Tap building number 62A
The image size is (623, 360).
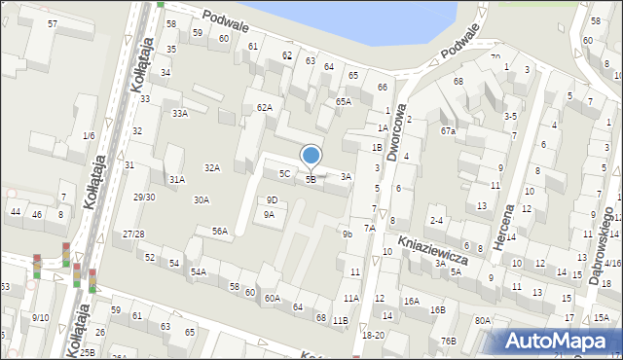(x=264, y=107)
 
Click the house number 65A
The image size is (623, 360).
(x=343, y=101)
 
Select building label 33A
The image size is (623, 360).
(x=180, y=113)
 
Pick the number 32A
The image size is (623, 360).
(x=211, y=167)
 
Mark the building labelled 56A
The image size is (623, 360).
(x=220, y=231)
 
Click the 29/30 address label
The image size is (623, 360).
(x=144, y=197)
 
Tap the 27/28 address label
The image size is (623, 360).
(x=133, y=234)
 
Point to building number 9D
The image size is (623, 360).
(x=272, y=199)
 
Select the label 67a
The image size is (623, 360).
(x=447, y=130)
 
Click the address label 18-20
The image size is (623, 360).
(x=373, y=335)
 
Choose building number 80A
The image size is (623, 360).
(x=482, y=320)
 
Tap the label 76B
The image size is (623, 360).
(x=448, y=341)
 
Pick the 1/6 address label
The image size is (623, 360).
(x=89, y=135)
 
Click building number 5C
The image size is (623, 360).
(x=284, y=174)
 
